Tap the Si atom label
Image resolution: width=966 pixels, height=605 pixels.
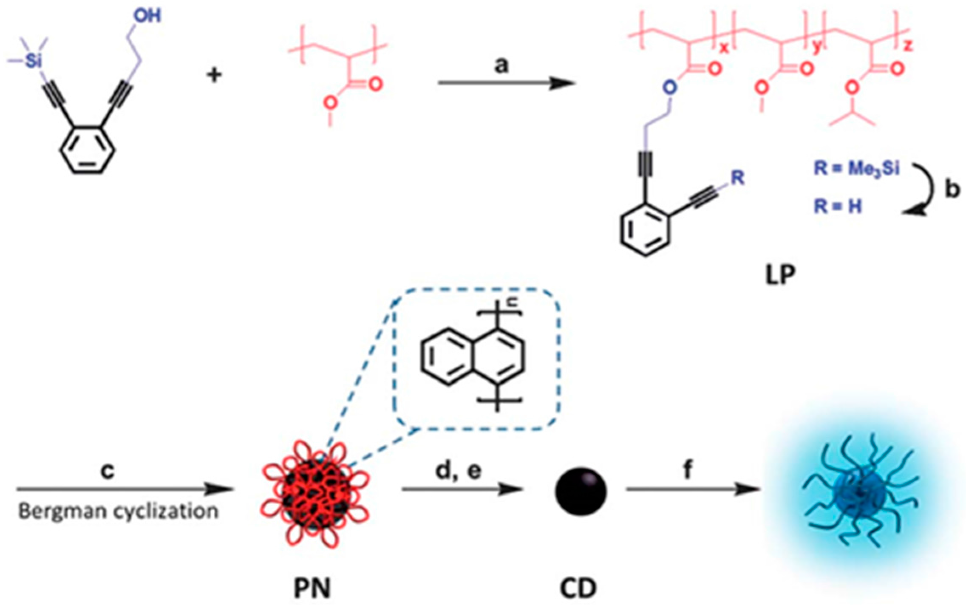click(x=32, y=61)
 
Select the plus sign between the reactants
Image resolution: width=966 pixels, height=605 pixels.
click(x=214, y=76)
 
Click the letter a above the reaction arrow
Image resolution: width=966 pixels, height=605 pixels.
click(x=501, y=65)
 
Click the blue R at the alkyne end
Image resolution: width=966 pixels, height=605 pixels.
click(x=737, y=178)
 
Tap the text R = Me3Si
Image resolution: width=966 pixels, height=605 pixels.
click(x=856, y=169)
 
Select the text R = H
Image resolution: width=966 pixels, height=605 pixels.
click(x=837, y=207)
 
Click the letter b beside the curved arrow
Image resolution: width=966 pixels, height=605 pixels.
click(x=952, y=190)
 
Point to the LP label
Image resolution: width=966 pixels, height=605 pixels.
click(x=780, y=275)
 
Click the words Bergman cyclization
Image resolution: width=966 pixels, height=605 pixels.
click(x=118, y=511)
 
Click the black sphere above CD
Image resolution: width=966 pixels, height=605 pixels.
click(x=581, y=491)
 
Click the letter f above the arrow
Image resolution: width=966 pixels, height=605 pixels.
click(x=688, y=470)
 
